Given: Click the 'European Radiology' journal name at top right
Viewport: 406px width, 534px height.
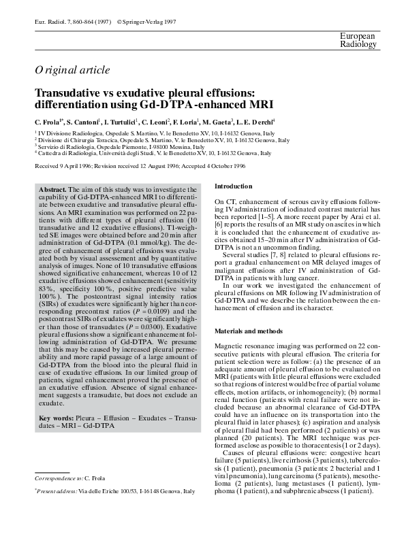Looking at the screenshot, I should tap(358, 40).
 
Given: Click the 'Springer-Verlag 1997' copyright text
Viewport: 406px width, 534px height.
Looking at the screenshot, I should tap(149, 22).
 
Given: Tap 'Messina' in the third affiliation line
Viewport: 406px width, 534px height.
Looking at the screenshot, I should tap(170, 147).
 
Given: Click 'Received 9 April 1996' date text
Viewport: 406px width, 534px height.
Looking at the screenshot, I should tap(65, 165).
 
